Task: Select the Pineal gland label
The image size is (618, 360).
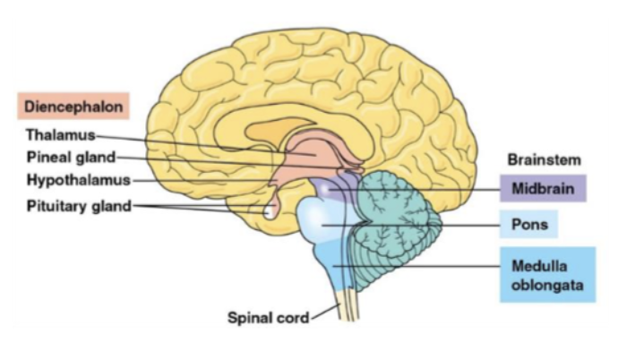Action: pos(69,159)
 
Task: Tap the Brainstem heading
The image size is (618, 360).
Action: pos(544,160)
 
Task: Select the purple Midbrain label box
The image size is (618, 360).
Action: pos(543,189)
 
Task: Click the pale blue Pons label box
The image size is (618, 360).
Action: pos(529,223)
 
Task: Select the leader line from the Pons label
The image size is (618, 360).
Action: pos(430,224)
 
